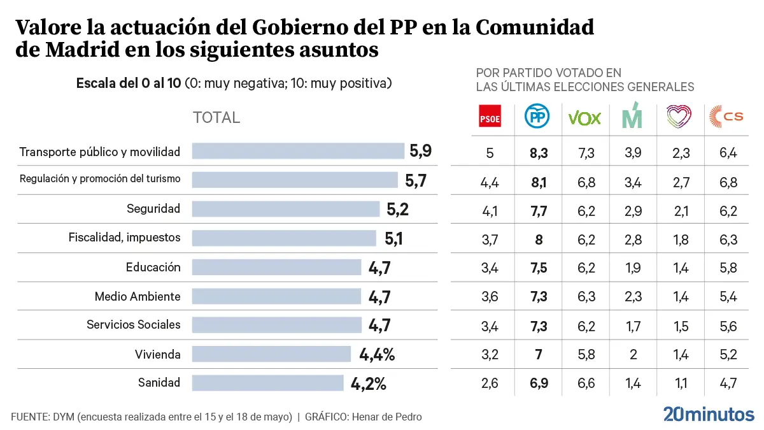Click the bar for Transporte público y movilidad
click(298, 151)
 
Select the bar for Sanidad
click(267, 383)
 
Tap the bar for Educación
click(276, 267)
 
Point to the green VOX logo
click(584, 117)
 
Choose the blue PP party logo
click(537, 117)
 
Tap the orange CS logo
click(726, 117)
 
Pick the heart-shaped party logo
click(679, 117)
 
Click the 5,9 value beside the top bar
click(420, 152)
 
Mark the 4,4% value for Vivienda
click(377, 355)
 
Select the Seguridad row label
click(153, 209)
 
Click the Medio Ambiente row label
click(138, 296)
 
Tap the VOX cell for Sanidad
click(584, 383)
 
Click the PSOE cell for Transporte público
click(490, 153)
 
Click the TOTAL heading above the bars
click(216, 118)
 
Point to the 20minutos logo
click(709, 413)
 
